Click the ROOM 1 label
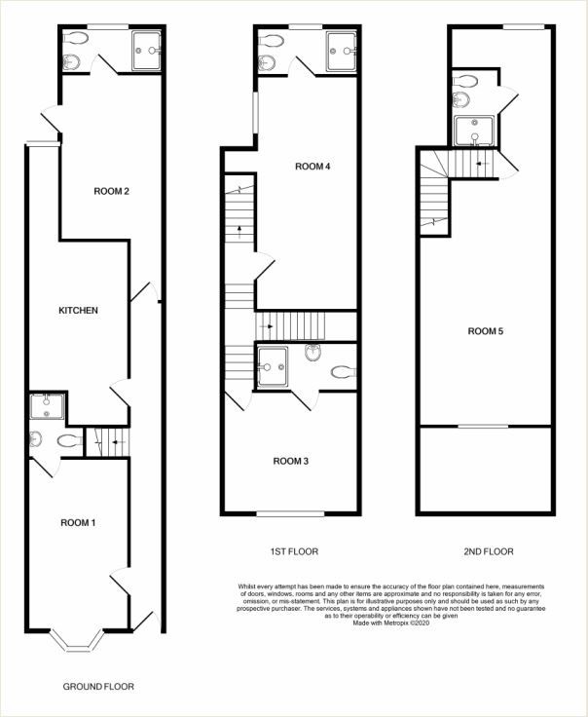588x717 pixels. click(x=78, y=523)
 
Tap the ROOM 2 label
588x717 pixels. click(x=112, y=191)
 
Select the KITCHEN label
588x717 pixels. click(x=78, y=311)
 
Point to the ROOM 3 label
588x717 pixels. click(x=290, y=462)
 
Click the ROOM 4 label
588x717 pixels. click(x=312, y=167)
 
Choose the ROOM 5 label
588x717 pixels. click(x=485, y=331)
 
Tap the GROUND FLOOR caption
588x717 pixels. click(x=98, y=687)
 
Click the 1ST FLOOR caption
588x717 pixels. click(x=294, y=551)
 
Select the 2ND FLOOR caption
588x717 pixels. click(x=489, y=551)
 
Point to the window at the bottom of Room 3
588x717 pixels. click(x=290, y=514)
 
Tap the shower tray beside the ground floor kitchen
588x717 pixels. click(x=47, y=406)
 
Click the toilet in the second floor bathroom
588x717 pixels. click(x=465, y=81)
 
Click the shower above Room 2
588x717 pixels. click(x=146, y=51)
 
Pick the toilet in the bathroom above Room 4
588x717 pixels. click(x=272, y=41)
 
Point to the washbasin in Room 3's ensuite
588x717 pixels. click(x=312, y=353)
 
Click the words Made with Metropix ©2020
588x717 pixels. click(x=391, y=623)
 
